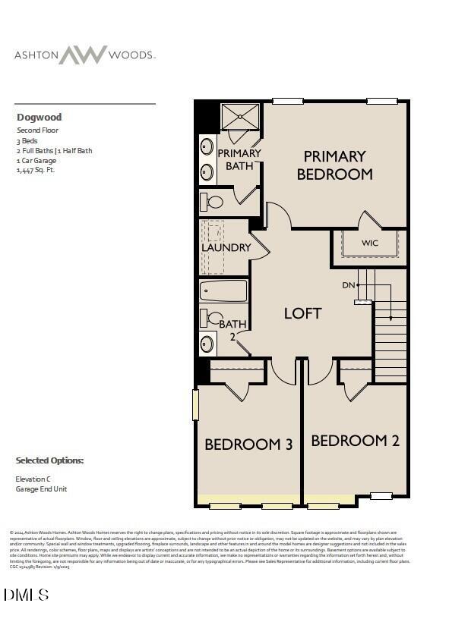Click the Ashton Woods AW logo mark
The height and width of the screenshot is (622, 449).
(84, 55)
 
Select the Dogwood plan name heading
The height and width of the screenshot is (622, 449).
(39, 118)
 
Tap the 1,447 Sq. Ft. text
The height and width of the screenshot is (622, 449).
(36, 170)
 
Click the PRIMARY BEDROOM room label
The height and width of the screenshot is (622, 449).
(334, 165)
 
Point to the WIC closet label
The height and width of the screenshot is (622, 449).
(369, 243)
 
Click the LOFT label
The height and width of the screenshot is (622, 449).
(302, 313)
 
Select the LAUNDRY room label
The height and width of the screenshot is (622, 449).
(226, 247)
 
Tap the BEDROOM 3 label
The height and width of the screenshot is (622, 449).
(248, 445)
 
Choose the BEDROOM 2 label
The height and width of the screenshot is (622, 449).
(355, 440)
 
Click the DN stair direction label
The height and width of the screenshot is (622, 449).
(349, 285)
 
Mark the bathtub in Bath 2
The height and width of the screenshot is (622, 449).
(224, 291)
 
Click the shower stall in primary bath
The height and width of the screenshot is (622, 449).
(240, 117)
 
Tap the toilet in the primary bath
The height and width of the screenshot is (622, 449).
(212, 202)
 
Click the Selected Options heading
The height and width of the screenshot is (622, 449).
(49, 460)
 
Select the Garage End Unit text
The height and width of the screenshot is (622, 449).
(41, 489)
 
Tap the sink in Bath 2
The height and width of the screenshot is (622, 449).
(207, 344)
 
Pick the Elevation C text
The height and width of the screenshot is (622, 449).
(33, 479)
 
